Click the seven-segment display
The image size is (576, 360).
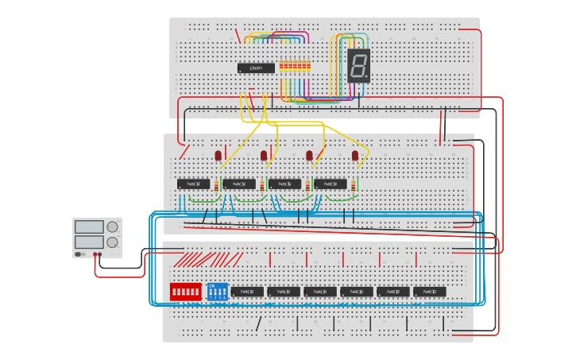(x=358, y=66)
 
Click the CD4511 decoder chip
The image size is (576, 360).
(x=256, y=68)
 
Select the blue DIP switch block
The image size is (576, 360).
(x=217, y=292)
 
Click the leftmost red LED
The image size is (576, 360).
(x=218, y=156)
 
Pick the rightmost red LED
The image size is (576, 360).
(x=355, y=156)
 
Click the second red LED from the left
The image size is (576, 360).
(x=264, y=156)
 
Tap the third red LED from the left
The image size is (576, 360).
(x=310, y=156)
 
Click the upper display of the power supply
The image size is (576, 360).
(x=89, y=227)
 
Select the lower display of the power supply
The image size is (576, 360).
(x=89, y=242)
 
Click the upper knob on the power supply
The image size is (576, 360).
(x=112, y=226)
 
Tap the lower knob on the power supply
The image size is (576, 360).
(x=112, y=242)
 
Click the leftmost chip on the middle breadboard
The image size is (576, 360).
(x=194, y=184)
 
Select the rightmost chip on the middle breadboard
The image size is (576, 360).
(x=331, y=184)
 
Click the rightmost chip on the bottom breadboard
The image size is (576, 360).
(x=429, y=292)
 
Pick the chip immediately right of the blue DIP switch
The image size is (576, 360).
(x=247, y=292)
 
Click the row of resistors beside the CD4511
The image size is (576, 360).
(x=294, y=67)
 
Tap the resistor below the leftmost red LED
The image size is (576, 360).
(x=216, y=186)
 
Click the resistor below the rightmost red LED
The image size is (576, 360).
(x=354, y=186)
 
